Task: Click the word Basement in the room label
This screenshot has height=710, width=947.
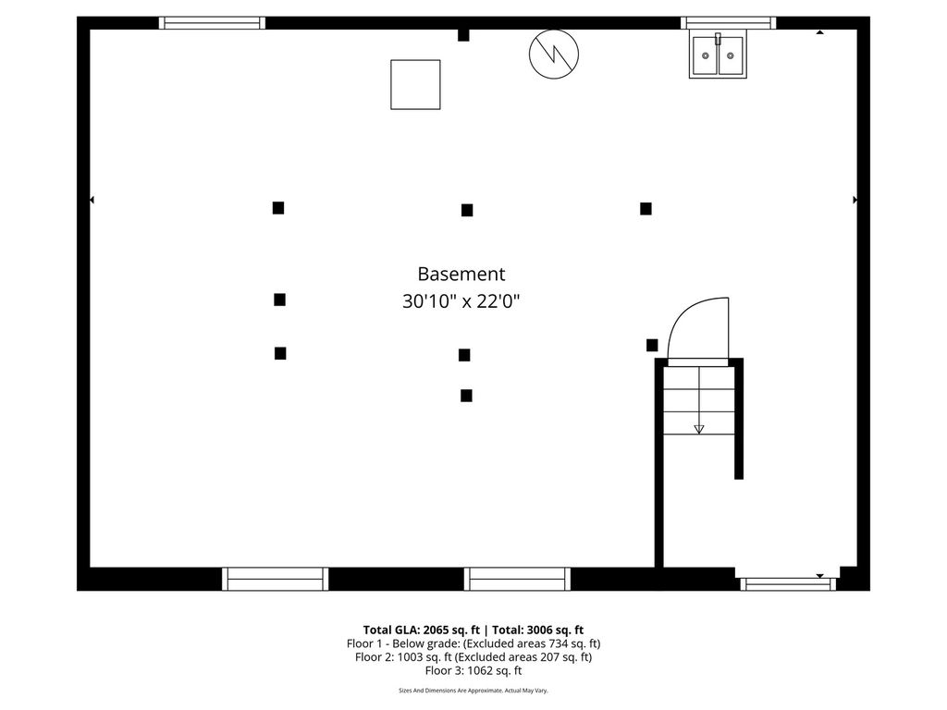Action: click(x=461, y=274)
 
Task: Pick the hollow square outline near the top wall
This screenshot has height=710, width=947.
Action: click(x=415, y=84)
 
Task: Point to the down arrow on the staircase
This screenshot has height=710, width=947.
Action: click(x=698, y=428)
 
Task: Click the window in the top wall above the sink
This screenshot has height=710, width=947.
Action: click(x=728, y=23)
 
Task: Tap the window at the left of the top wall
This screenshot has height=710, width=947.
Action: click(x=212, y=23)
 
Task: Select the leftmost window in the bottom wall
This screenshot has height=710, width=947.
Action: click(x=275, y=579)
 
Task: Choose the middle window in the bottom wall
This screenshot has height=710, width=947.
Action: click(x=517, y=579)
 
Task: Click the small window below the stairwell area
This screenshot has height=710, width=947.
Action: click(x=786, y=584)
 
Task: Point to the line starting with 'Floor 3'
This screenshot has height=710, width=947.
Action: click(x=473, y=671)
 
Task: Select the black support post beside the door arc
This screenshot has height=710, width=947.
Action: click(x=652, y=345)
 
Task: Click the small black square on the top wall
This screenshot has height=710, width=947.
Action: click(x=463, y=35)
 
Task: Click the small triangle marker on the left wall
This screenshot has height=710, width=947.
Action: click(x=92, y=200)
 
